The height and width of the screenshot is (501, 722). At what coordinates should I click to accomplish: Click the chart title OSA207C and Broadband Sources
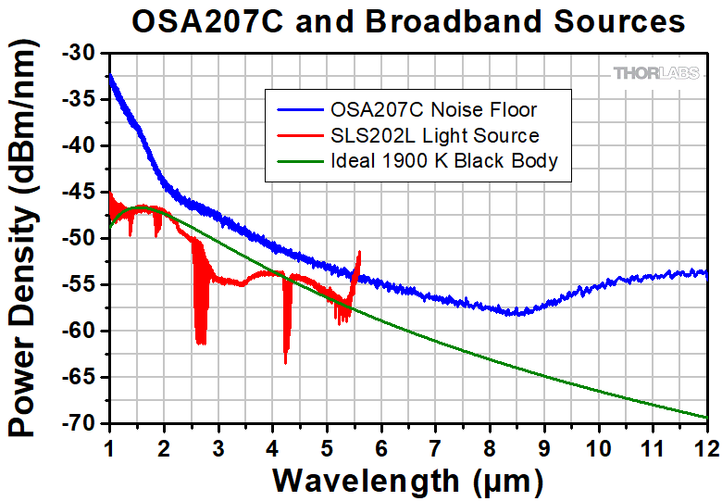point(408,20)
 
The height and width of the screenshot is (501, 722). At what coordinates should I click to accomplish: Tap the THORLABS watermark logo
point(655,72)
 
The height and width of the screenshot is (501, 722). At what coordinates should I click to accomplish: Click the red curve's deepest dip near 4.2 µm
point(285,361)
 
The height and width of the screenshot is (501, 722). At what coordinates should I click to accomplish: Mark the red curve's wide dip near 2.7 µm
point(200,341)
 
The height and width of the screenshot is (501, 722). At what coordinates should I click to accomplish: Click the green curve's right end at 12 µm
point(705,418)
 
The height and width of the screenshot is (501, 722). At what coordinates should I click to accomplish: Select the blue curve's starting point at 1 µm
point(110,76)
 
